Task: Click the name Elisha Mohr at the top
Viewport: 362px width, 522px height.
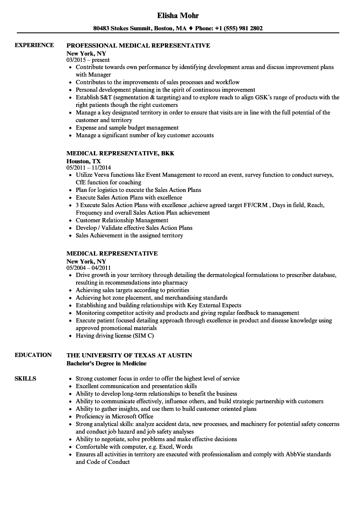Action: click(x=178, y=16)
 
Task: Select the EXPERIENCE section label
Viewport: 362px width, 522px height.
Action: click(x=34, y=45)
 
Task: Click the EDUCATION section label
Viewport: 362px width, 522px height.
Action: click(x=33, y=355)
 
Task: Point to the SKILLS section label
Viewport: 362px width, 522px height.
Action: click(x=25, y=378)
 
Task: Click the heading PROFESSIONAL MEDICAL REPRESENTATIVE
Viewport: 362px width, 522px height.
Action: click(x=138, y=45)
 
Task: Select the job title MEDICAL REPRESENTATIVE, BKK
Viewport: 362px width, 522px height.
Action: click(x=120, y=154)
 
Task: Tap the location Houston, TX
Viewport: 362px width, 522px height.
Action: click(x=84, y=161)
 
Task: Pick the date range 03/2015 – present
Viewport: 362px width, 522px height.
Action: click(x=88, y=60)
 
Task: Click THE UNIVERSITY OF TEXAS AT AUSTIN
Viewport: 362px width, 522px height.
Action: click(x=129, y=355)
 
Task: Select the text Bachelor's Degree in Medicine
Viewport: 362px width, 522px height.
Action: click(x=106, y=363)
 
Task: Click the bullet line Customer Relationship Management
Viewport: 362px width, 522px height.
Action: click(x=122, y=221)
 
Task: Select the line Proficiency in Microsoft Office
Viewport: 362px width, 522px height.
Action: click(x=114, y=417)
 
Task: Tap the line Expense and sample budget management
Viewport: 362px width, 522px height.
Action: click(x=127, y=128)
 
